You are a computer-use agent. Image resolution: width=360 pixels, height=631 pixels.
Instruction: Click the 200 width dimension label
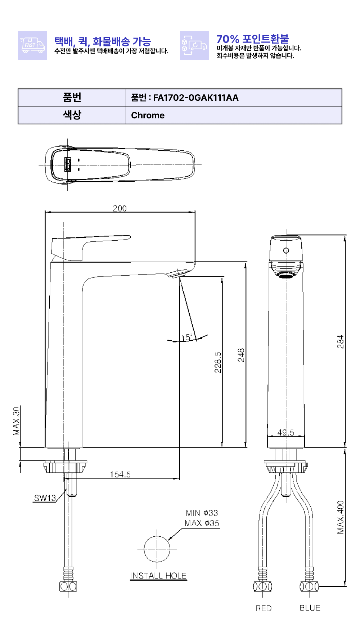[x=120, y=208]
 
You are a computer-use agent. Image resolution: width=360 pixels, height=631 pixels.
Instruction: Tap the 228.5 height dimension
[x=218, y=362]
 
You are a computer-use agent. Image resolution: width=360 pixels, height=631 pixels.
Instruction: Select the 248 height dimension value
[x=241, y=355]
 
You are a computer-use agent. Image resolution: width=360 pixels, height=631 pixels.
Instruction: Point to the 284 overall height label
[x=340, y=342]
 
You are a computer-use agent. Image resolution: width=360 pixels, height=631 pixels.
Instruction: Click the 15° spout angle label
[x=187, y=337]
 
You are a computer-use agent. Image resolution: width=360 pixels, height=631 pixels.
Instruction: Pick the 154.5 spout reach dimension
[x=120, y=475]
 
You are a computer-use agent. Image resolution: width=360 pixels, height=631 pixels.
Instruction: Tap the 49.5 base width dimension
[x=285, y=432]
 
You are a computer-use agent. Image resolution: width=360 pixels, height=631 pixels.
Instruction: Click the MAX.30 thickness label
[x=17, y=421]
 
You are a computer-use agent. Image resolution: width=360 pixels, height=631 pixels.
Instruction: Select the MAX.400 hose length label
[x=340, y=517]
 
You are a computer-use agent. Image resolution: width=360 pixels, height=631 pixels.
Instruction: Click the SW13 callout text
[x=45, y=498]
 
